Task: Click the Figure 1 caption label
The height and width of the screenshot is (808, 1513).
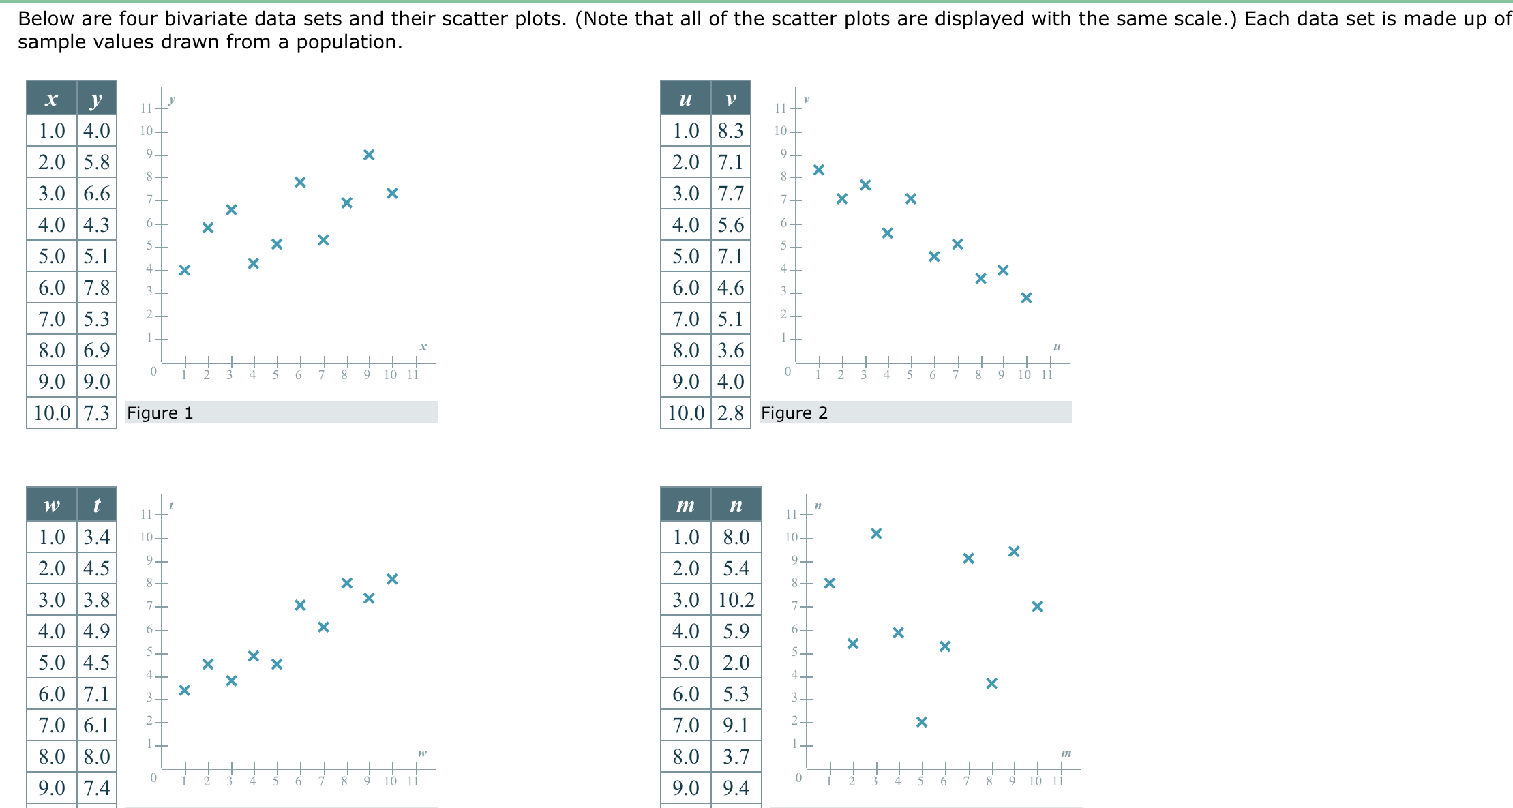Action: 160,413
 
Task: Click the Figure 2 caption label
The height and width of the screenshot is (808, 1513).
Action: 794,413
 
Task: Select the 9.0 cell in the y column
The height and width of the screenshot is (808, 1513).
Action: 97,382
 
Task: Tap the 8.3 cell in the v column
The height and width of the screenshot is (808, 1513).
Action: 730,131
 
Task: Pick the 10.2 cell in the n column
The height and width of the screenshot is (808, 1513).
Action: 736,600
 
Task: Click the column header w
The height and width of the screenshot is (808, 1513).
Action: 52,505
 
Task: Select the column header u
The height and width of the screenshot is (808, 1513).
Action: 685,100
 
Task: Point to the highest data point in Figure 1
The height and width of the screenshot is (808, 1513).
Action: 369,155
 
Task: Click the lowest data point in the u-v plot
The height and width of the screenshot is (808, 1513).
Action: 1026,298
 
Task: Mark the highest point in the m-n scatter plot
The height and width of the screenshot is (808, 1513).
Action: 876,533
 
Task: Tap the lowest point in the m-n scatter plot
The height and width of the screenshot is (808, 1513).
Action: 921,722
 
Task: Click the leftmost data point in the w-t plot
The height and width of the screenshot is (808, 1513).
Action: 184,691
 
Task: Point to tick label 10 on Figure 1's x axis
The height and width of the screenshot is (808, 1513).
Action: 390,375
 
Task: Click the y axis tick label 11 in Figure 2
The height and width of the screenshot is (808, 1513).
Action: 780,108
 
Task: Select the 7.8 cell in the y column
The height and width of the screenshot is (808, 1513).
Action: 97,288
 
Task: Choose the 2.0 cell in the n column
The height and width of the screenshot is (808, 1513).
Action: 736,663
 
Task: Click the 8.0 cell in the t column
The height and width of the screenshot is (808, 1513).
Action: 97,757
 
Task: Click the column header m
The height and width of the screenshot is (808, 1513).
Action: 685,505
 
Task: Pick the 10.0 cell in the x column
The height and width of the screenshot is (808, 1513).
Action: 52,413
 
